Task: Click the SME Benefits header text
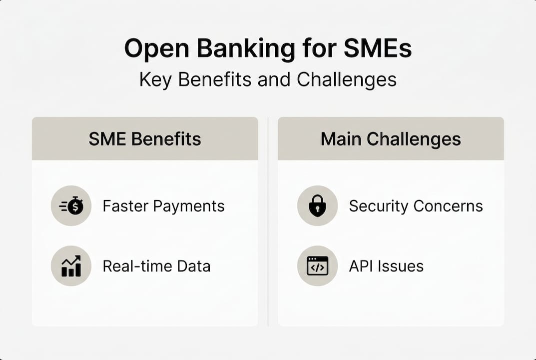[x=145, y=139]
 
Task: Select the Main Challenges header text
[x=391, y=139]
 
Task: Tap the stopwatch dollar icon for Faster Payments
[x=71, y=206]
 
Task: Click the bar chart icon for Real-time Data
[x=71, y=265]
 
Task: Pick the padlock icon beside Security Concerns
[x=317, y=206]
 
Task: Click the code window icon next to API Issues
[x=317, y=265]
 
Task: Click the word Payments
[x=189, y=206]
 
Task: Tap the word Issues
[x=401, y=266]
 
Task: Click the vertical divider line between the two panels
[x=268, y=225]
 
